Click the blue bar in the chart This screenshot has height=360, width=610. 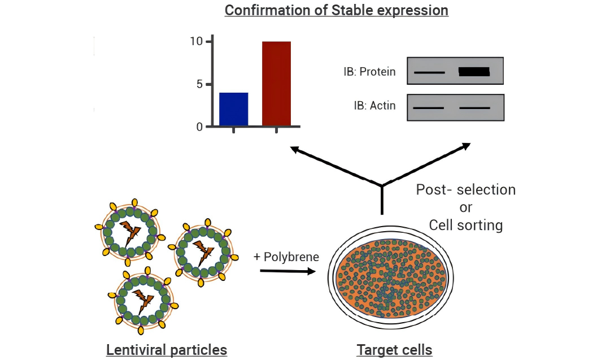pos(233,109)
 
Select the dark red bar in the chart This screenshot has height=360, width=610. pos(277,84)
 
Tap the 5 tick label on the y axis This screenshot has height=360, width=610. pos(199,84)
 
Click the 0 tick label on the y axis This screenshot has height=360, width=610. pos(199,127)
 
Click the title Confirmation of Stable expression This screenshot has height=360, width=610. pos(337,10)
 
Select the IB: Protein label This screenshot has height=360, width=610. pos(369,72)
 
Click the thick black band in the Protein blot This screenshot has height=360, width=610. pos(474,72)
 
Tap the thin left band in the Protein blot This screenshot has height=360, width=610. pos(429,73)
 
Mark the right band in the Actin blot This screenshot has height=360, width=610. pos(474,107)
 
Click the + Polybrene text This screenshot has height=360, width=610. pos(286,257)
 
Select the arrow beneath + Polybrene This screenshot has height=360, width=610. pos(287,272)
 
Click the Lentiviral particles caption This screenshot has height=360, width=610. pos(167,350)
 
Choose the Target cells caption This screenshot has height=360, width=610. pos(394,350)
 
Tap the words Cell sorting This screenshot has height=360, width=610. pos(465,225)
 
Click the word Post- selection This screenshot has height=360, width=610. pos(465,189)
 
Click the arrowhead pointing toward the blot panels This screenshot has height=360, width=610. pos(465,146)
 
